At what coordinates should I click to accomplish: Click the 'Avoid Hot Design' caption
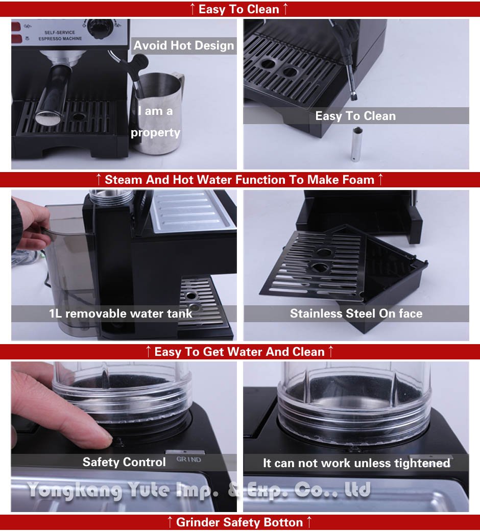click(x=183, y=45)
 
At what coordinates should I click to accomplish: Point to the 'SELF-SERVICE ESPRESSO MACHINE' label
click(x=60, y=36)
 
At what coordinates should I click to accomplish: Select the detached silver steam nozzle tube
click(x=356, y=144)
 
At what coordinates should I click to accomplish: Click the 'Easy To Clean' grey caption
click(x=355, y=116)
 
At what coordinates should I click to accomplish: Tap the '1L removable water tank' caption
click(x=121, y=313)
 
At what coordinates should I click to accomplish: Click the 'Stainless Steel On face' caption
click(x=356, y=313)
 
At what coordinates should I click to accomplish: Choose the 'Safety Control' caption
click(x=124, y=462)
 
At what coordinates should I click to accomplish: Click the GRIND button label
click(x=188, y=460)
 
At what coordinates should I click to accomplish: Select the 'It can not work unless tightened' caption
click(x=356, y=463)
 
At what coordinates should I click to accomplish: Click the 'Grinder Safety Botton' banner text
click(x=239, y=522)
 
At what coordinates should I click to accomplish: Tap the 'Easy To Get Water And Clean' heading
click(x=239, y=352)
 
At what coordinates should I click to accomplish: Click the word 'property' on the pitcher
click(x=155, y=133)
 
